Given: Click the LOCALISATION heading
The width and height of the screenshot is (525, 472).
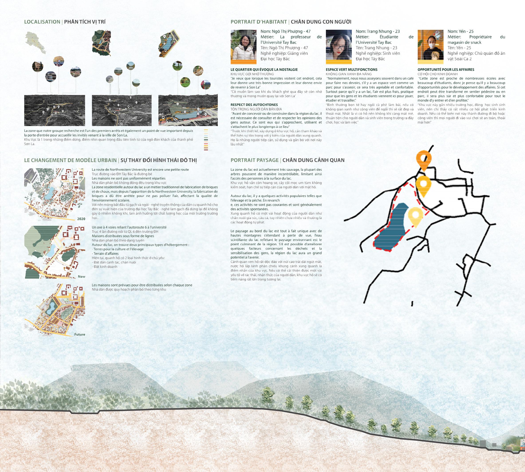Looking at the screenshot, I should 42,22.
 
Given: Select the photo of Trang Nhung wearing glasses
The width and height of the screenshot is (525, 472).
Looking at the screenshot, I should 339,47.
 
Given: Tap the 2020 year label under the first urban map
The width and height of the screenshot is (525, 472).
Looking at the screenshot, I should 81,219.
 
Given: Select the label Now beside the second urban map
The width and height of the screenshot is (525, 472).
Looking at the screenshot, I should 82,276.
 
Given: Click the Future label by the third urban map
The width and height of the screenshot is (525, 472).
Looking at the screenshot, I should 80,334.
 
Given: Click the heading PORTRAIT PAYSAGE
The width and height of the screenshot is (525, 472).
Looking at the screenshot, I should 254,160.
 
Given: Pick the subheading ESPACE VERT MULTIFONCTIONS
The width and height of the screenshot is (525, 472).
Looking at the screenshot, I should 351,69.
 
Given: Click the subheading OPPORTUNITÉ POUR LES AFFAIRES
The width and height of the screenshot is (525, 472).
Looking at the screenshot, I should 446,69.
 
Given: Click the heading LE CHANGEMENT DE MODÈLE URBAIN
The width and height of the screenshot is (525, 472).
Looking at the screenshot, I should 70,160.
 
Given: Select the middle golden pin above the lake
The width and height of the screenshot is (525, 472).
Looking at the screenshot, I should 423,184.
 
